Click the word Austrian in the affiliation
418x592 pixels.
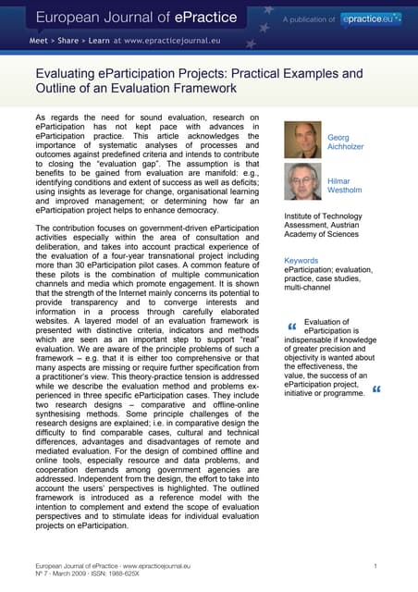pyautogui.click(x=365, y=225)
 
